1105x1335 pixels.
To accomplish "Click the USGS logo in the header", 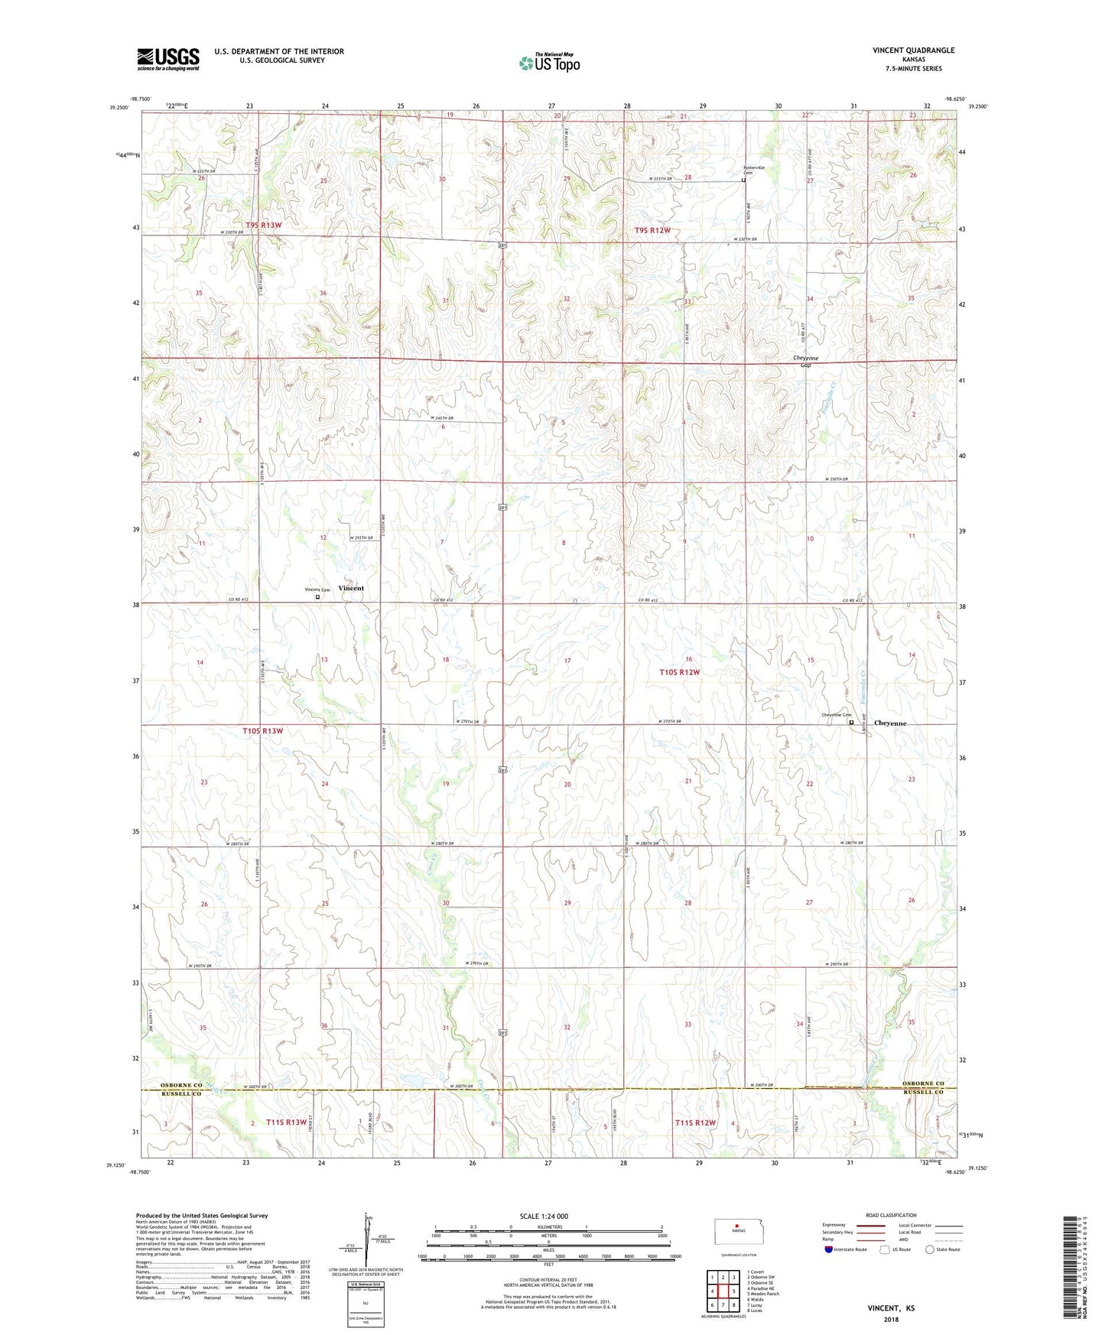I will [168, 58].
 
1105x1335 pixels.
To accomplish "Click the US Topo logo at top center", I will [549, 63].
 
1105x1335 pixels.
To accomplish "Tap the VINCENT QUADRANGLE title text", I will [913, 50].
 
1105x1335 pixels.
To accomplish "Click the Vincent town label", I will [351, 588].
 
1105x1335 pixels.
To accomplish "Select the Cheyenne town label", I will [889, 723].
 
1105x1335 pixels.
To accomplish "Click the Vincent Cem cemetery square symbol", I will [318, 597].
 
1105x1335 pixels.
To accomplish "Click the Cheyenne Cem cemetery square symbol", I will [851, 721].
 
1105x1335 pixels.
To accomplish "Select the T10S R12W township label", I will [680, 672].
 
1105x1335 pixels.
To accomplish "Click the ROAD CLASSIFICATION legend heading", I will [891, 1215].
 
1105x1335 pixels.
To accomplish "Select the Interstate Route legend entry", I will [844, 1249].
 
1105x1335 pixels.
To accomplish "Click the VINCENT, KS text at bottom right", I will [890, 1308].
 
